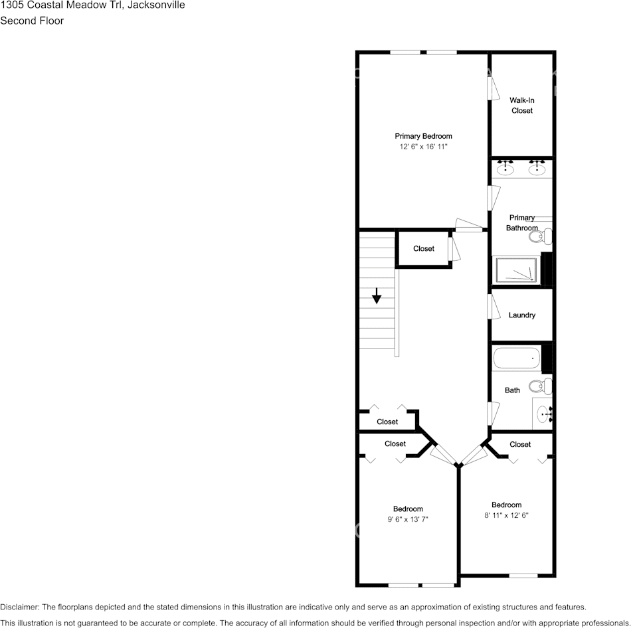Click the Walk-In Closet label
pos(521,106)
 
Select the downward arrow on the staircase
pos(377,296)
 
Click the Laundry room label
pos(521,315)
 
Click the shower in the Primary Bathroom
pos(517,270)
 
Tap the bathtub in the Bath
pos(517,360)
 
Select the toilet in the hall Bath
pos(541,386)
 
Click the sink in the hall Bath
pos(544,415)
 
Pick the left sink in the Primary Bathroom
pos(506,168)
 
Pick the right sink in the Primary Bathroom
pos(537,168)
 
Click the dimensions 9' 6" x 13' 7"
pos(407,520)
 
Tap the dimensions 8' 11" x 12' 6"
pos(506,515)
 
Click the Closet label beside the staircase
pos(423,249)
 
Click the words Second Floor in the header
pos(32,21)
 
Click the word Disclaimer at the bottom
pos(19,607)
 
